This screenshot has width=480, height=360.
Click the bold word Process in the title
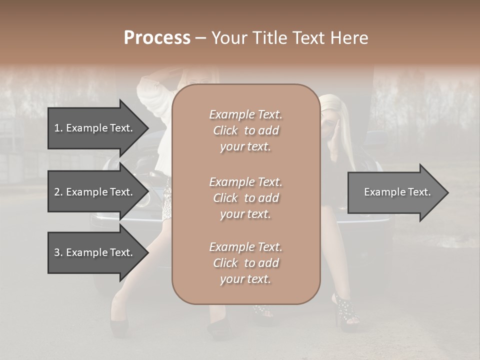tap(157, 38)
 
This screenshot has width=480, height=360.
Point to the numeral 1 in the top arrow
tap(57, 128)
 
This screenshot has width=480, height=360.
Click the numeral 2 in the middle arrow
tap(57, 192)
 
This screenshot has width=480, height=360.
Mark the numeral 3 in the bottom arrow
tap(57, 252)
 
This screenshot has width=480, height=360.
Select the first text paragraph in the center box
tap(245, 130)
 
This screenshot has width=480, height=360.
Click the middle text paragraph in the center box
tap(245, 198)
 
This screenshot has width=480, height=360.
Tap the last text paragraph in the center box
tap(245, 263)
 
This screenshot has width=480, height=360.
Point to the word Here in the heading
tap(349, 38)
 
